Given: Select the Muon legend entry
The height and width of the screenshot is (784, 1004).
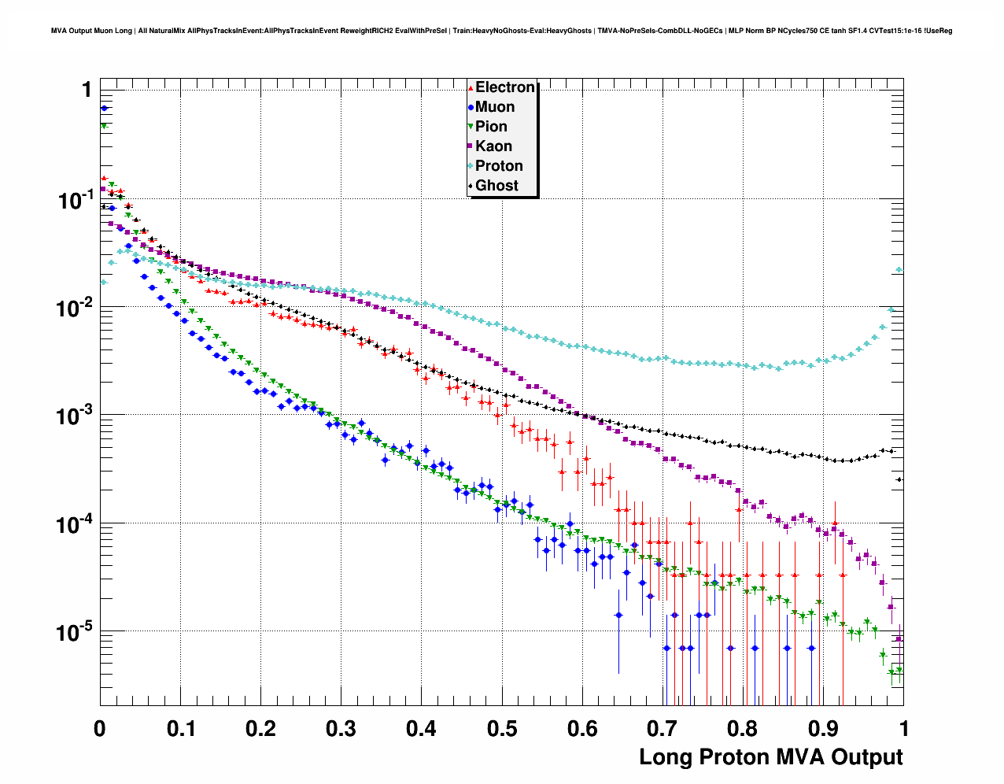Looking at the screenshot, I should (494, 107).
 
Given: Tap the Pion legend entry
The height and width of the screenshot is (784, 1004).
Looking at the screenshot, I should (491, 127).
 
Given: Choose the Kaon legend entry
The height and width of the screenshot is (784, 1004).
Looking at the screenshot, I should (493, 146).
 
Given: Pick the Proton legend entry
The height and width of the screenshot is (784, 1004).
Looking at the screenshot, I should (499, 166).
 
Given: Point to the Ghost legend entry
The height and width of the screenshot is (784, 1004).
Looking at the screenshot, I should (496, 186).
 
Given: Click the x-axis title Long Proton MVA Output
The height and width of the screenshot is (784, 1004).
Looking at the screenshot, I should (770, 757).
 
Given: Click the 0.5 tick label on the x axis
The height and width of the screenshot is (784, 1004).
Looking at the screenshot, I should (502, 729).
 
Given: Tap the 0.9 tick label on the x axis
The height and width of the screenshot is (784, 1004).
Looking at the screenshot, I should (824, 729).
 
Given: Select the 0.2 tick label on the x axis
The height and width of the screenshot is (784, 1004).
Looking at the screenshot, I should (260, 729).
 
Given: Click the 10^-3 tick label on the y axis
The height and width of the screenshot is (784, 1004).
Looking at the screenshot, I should (76, 416).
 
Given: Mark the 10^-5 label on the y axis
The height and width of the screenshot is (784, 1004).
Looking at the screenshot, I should (76, 632).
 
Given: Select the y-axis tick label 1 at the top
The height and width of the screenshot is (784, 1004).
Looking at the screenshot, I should (87, 91).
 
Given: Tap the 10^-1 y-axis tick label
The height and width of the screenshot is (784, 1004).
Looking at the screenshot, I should (76, 200).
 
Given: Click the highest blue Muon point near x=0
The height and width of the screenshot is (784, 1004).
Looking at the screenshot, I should (104, 109).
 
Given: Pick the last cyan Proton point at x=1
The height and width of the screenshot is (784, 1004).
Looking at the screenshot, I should (899, 270).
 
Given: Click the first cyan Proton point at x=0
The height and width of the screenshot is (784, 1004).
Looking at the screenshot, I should (103, 282).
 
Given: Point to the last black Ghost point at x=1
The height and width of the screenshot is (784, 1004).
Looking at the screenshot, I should (899, 479).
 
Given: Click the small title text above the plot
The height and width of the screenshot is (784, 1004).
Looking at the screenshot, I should (501, 31).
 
